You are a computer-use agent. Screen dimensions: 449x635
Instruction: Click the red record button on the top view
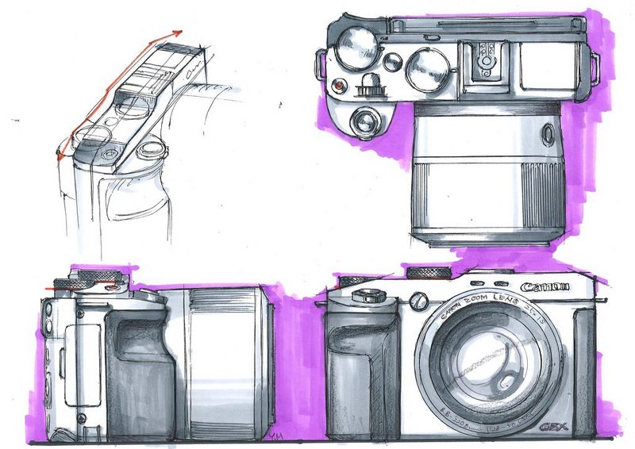(x=339, y=86)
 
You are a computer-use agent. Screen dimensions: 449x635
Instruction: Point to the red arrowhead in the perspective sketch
(x=176, y=33)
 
